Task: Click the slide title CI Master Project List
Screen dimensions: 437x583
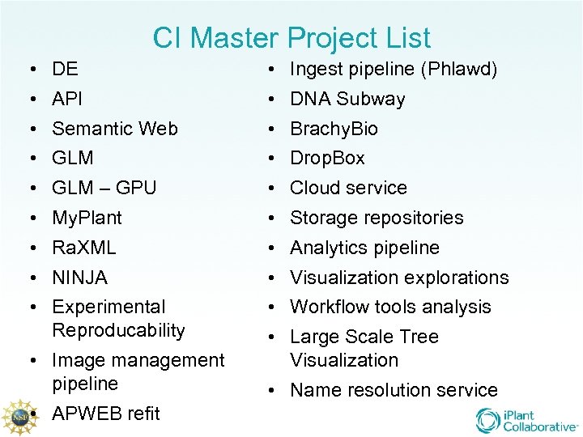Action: click(291, 38)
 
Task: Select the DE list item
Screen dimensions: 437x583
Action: click(65, 70)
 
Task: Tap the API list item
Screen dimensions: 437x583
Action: click(67, 99)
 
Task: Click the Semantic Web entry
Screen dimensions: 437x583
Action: click(115, 129)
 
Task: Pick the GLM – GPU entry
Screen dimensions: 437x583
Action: click(104, 188)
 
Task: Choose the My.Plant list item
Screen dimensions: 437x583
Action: click(87, 218)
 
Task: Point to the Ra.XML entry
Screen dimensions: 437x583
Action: click(84, 248)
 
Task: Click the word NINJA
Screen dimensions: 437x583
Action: click(79, 278)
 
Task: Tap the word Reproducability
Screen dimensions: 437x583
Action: click(118, 330)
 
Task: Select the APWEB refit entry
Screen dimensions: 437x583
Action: click(106, 414)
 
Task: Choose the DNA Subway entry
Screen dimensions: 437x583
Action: click(347, 99)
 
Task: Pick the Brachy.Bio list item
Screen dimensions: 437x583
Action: click(334, 129)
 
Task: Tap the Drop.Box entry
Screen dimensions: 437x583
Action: click(327, 158)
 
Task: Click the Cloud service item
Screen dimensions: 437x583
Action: click(348, 188)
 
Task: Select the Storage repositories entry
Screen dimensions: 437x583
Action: click(377, 218)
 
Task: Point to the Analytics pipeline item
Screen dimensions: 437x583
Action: click(364, 248)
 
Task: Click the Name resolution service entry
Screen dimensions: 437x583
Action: click(394, 390)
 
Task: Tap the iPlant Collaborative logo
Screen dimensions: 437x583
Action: click(526, 420)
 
